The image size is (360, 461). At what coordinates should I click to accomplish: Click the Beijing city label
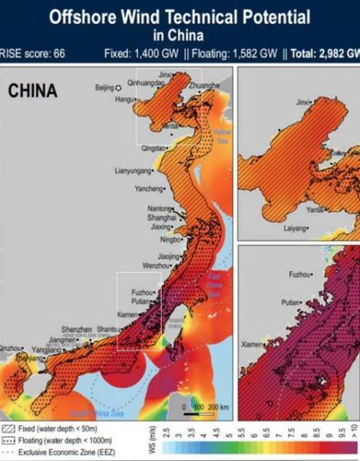[104, 88]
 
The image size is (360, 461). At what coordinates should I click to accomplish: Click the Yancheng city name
[149, 188]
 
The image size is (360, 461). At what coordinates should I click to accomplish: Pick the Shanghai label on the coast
[161, 217]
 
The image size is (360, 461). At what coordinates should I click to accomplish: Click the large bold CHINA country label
[32, 91]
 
